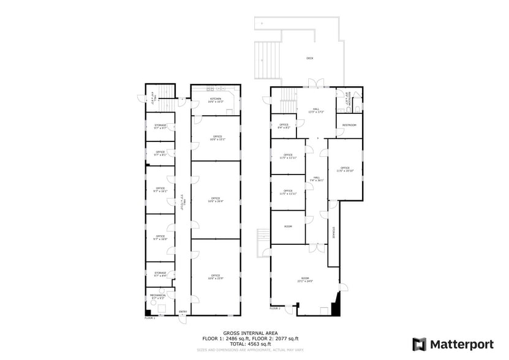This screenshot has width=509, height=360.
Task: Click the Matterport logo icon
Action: pos(419,343)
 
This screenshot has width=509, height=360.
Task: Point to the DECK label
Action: pos(310,59)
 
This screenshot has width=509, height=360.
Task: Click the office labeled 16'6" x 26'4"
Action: pos(216,200)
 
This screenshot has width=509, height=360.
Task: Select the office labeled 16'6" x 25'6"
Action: pos(216,277)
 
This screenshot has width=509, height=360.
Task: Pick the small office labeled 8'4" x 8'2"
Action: pos(284,126)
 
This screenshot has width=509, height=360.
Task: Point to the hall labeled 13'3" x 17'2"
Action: pos(315,111)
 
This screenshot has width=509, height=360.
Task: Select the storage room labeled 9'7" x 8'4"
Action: pos(160,274)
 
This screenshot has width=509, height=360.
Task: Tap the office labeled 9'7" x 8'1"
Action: pos(160,153)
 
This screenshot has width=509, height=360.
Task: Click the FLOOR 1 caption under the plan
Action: pos(150,318)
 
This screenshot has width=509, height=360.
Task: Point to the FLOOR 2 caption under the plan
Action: pos(275,309)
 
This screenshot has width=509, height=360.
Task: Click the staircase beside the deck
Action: pos(268,59)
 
